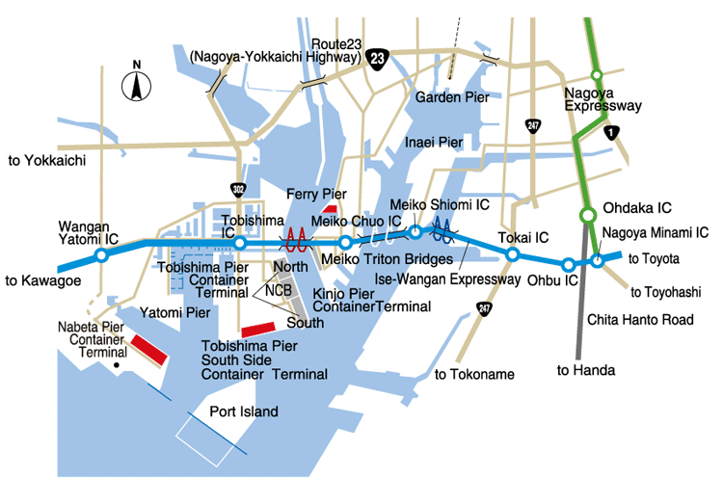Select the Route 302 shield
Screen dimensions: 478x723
[240, 186]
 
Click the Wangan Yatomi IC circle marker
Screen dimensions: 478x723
[100, 257]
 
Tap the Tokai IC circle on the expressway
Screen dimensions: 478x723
[513, 255]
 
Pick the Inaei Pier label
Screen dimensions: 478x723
[434, 142]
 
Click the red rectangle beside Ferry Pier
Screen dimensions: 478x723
[329, 208]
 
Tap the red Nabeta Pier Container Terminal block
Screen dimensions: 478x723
[149, 348]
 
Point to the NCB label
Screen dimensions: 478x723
[280, 287]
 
